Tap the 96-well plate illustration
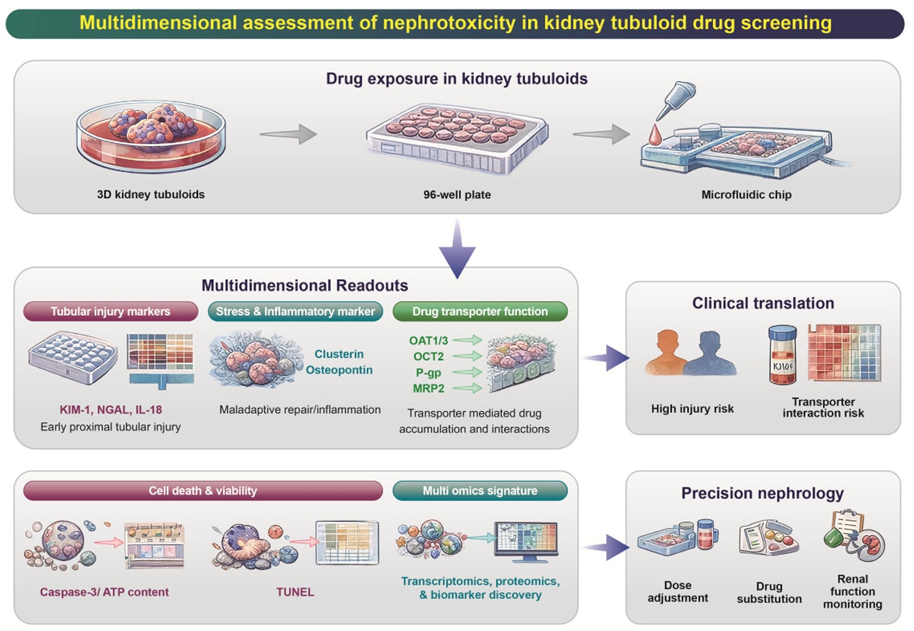tap(457, 140)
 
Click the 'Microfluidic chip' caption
tap(746, 195)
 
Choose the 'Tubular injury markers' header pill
tap(110, 312)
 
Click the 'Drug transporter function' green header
tap(479, 312)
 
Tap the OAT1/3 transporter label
tap(428, 340)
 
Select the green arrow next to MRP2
tap(467, 389)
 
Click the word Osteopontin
tap(338, 370)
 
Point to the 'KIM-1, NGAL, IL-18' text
tap(110, 410)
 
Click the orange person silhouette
tap(666, 353)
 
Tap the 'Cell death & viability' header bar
tap(202, 491)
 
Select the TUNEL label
tap(295, 592)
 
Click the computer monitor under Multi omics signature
tap(526, 541)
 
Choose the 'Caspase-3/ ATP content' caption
tap(104, 592)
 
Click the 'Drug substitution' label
tap(769, 592)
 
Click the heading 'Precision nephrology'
tap(762, 494)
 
